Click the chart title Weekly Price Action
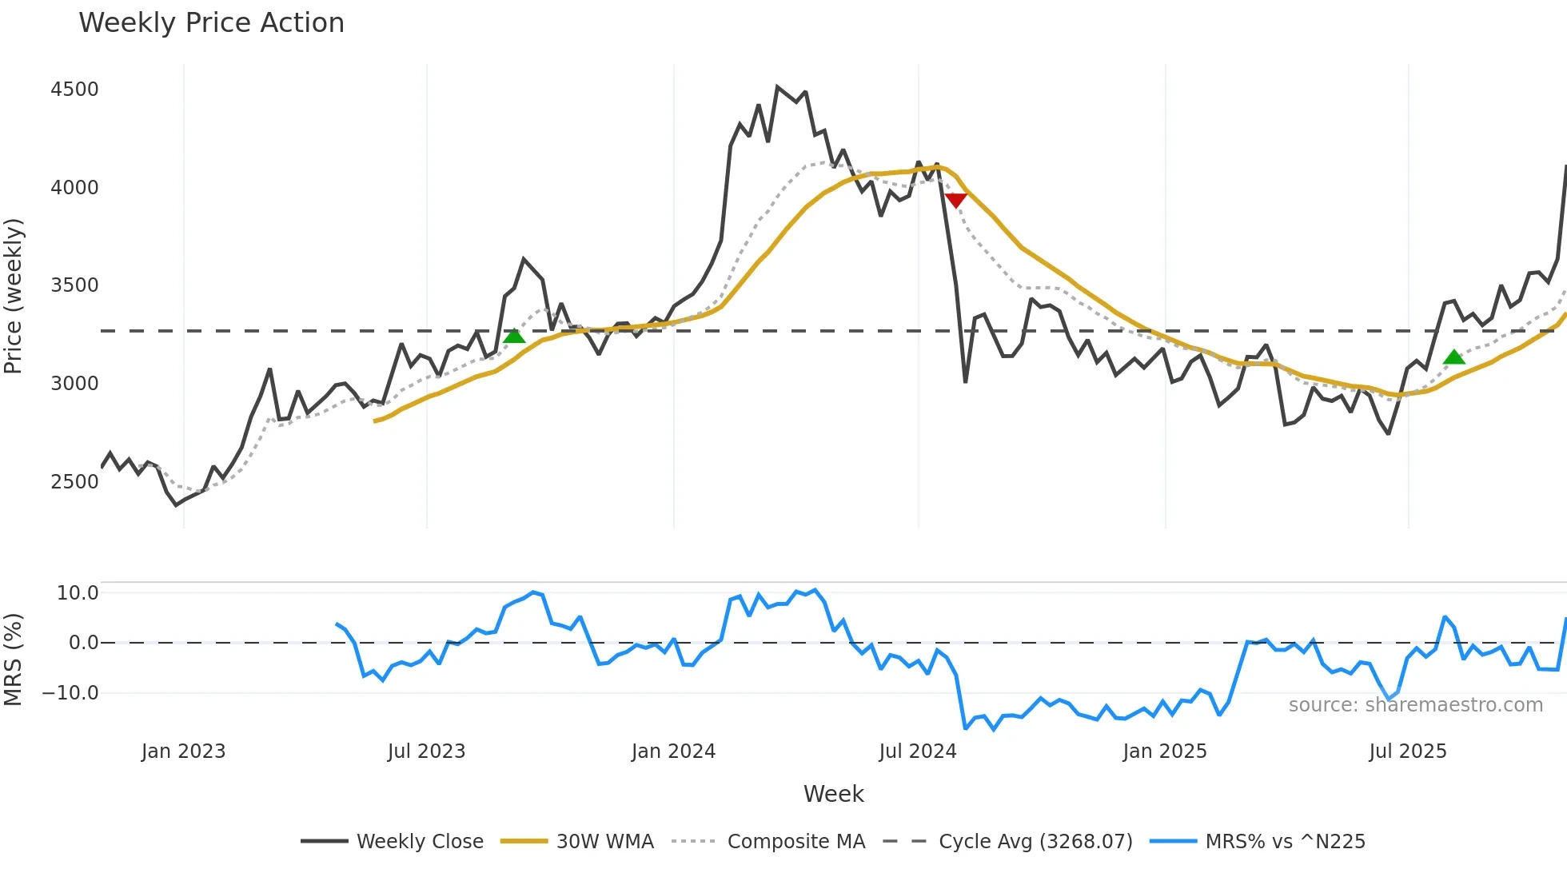click(x=211, y=23)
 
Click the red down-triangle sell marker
click(x=955, y=200)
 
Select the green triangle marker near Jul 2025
click(x=1453, y=357)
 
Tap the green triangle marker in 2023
click(x=514, y=336)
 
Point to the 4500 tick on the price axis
click(x=74, y=89)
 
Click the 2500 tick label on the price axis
click(x=74, y=481)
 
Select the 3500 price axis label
click(x=74, y=285)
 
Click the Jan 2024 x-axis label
click(x=673, y=751)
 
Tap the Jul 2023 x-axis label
click(x=426, y=751)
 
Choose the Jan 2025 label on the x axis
click(x=1164, y=751)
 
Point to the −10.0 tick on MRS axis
click(x=70, y=693)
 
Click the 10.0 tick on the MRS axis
click(x=78, y=593)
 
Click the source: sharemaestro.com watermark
click(x=1415, y=705)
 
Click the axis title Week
click(x=833, y=794)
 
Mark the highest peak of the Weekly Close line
click(x=777, y=87)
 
